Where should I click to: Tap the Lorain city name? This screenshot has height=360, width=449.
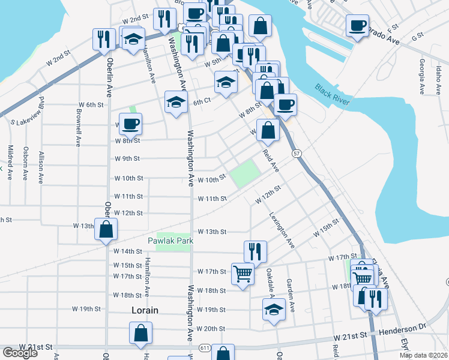[145, 310]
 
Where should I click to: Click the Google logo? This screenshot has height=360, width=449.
[19, 353]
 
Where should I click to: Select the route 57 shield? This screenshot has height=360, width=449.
[297, 154]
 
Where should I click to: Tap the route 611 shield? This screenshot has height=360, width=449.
[205, 348]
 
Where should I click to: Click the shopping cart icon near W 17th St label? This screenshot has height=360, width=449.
[243, 274]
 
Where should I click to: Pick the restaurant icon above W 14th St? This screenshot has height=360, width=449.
[255, 251]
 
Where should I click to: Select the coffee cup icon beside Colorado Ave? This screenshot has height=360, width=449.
[357, 25]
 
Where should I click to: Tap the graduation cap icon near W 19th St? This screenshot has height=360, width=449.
[274, 310]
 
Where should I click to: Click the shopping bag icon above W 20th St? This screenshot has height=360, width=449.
[140, 332]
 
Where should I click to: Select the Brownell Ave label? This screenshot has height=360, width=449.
[79, 127]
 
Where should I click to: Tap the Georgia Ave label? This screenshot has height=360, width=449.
[423, 76]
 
